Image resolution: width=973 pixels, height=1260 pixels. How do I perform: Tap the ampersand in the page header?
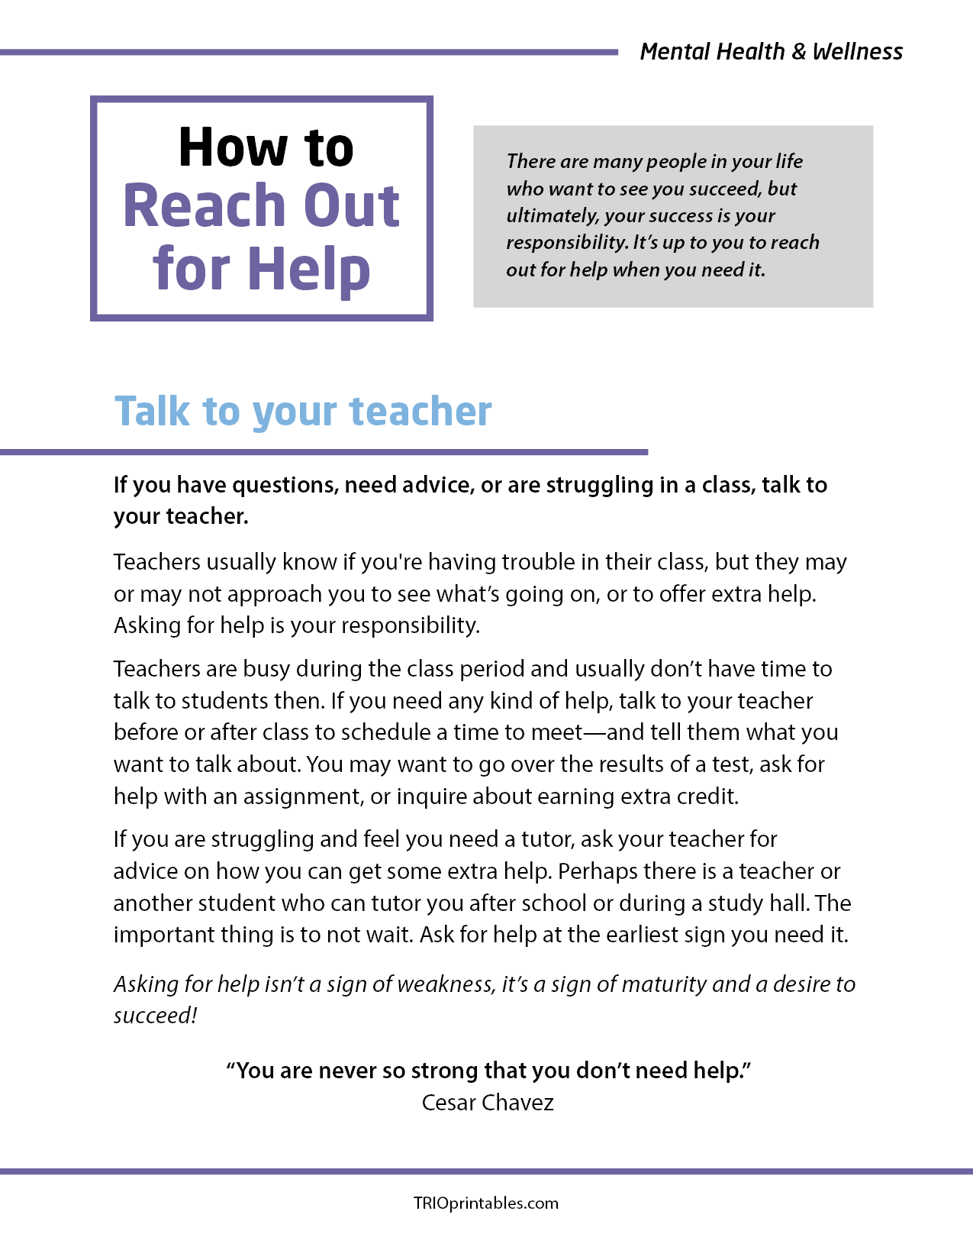pos(798,52)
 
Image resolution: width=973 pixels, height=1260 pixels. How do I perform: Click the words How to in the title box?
pos(266,147)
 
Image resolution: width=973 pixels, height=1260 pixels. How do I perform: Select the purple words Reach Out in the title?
pos(261,206)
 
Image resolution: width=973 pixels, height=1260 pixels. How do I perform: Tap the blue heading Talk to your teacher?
pos(303,412)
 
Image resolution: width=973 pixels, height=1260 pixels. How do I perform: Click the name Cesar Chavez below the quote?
pos(488,1103)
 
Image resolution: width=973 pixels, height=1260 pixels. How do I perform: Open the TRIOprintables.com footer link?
pos(486,1203)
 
